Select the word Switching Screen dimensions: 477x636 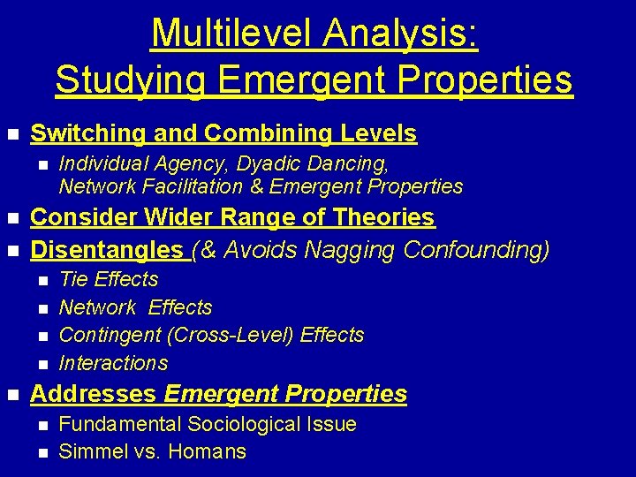(x=87, y=133)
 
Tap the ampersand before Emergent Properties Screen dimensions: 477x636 (x=257, y=185)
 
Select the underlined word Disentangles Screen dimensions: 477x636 (x=107, y=250)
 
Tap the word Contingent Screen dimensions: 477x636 (x=110, y=335)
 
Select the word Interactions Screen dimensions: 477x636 (x=113, y=363)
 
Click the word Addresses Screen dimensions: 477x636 (x=94, y=393)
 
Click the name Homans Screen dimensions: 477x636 (x=208, y=451)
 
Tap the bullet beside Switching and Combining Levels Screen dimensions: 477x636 (x=12, y=134)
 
